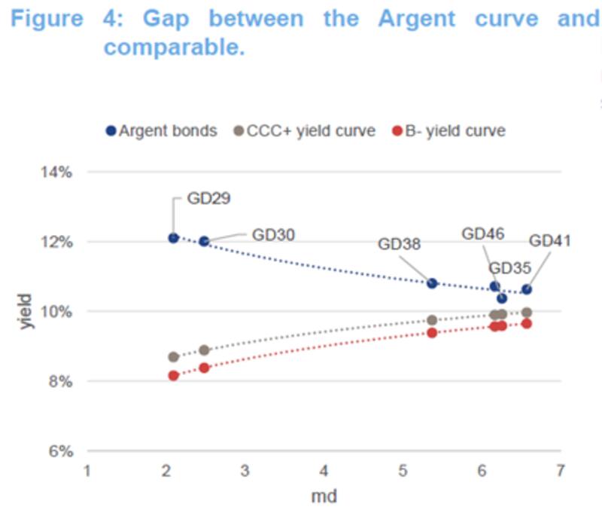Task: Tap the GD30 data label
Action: click(x=273, y=234)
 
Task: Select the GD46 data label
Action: click(x=483, y=234)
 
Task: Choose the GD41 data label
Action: click(x=550, y=241)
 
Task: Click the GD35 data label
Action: click(x=509, y=267)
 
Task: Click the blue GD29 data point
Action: click(x=174, y=238)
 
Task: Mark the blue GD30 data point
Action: click(x=204, y=241)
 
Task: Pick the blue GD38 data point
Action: click(x=432, y=283)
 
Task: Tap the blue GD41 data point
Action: click(x=527, y=289)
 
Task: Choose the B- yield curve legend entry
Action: click(x=449, y=131)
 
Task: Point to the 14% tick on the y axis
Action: click(x=56, y=172)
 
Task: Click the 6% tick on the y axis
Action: click(x=59, y=452)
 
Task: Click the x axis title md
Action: click(x=324, y=497)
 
